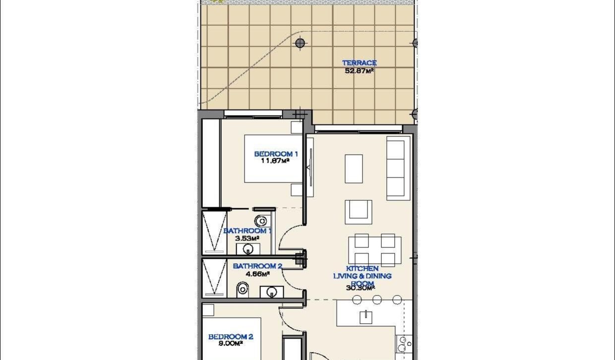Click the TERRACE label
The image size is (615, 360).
[359, 63]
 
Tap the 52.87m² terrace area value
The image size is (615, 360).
[359, 71]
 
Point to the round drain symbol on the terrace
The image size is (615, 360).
[300, 43]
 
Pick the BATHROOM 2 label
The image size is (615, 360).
[257, 266]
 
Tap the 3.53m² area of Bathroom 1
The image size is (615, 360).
[247, 238]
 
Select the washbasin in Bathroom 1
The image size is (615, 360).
[246, 248]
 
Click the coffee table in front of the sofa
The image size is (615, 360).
[354, 169]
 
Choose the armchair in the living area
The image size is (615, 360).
[358, 211]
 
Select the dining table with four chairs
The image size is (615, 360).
[375, 250]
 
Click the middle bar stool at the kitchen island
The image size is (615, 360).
[377, 300]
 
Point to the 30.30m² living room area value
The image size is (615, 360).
[361, 287]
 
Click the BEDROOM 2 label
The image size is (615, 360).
[231, 337]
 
